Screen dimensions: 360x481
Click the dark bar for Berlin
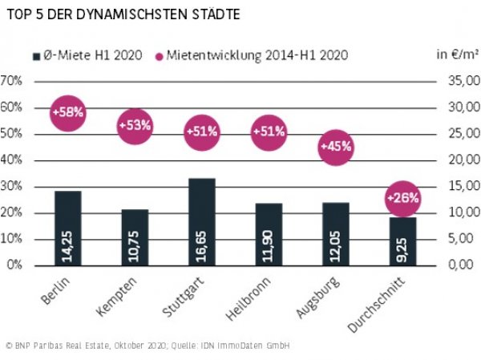click(x=68, y=228)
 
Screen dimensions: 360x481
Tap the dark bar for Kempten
click(x=135, y=237)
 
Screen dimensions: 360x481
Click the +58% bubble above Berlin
click(x=67, y=113)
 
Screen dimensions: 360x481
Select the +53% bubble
click(x=135, y=126)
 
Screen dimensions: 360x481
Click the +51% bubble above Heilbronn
click(x=269, y=131)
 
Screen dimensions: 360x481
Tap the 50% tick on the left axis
click(x=10, y=134)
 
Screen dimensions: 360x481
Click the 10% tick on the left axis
click(x=10, y=239)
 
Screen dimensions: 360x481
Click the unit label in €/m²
click(x=456, y=55)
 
